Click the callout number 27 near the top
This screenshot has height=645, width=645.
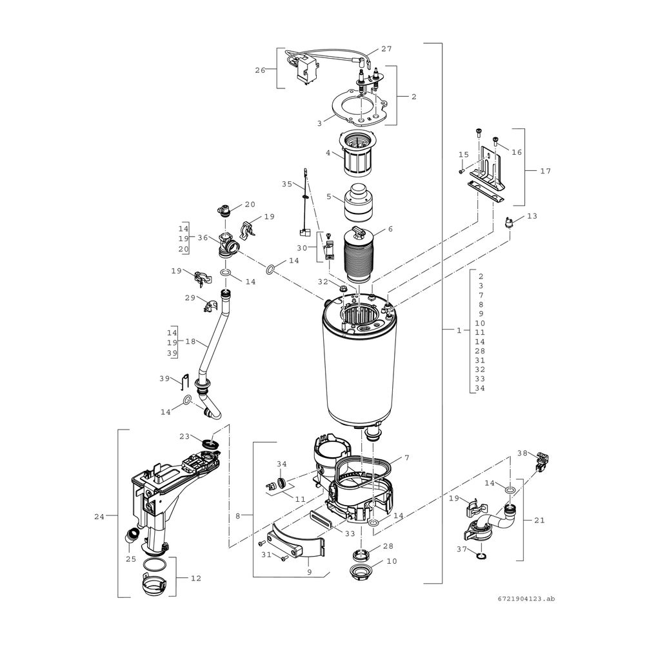(x=386, y=49)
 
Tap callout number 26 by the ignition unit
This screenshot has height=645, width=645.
(x=260, y=70)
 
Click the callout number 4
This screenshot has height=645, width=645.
(x=328, y=153)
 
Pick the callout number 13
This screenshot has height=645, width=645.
(x=532, y=216)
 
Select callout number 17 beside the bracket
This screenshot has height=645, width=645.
(x=546, y=171)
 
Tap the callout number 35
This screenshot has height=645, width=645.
(x=287, y=184)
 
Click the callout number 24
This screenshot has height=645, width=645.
(x=99, y=517)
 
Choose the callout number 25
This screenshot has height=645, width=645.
(x=131, y=559)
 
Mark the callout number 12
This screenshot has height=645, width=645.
(x=196, y=579)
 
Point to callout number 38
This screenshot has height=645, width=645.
(x=522, y=453)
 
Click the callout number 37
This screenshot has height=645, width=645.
(x=462, y=549)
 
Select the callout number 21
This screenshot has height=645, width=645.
(x=539, y=521)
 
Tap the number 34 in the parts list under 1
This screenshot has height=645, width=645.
(x=480, y=388)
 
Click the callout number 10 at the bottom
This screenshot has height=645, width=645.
(x=392, y=561)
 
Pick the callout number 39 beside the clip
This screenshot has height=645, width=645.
(x=164, y=379)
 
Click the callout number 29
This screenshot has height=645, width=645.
(x=190, y=297)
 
